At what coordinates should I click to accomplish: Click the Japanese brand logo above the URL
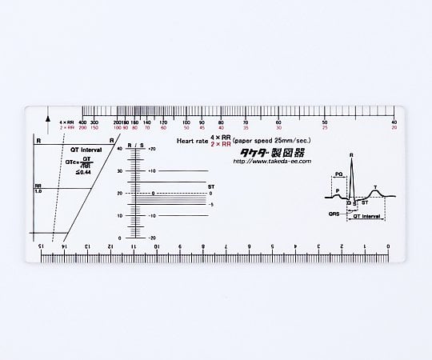point(268,150)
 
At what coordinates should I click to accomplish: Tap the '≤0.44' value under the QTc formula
point(84,171)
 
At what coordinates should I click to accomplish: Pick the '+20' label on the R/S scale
point(152,150)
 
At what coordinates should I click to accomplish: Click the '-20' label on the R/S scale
point(152,238)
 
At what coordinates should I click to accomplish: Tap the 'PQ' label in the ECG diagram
point(340,174)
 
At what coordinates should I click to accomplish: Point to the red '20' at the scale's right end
point(394,127)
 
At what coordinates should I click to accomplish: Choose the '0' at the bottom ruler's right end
point(389,246)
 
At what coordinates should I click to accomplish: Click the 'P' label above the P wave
point(337,190)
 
